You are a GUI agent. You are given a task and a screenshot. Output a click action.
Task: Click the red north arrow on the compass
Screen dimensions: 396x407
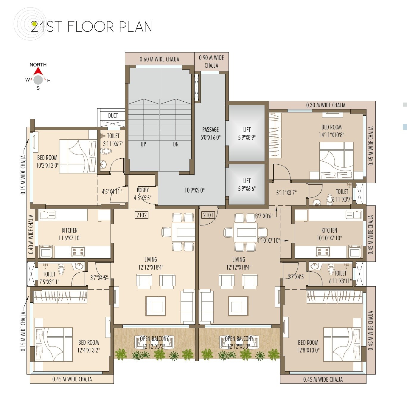click(x=38, y=72)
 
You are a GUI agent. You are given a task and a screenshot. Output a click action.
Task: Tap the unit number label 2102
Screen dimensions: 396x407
click(x=142, y=215)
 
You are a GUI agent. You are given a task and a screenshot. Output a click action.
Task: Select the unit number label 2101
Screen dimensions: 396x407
click(x=208, y=215)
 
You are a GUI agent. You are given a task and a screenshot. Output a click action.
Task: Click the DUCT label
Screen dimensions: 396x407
click(x=113, y=116)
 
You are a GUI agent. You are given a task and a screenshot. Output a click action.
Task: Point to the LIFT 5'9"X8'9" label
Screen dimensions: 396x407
click(x=247, y=133)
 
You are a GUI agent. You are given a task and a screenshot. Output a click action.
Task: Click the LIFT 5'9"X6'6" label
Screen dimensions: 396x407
click(x=247, y=185)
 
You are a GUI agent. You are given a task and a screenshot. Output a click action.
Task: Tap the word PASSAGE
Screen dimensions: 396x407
click(x=210, y=129)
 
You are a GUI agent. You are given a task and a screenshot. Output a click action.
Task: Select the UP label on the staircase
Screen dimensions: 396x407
click(x=143, y=144)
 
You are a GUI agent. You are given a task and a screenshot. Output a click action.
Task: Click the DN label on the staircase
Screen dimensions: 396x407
click(x=176, y=144)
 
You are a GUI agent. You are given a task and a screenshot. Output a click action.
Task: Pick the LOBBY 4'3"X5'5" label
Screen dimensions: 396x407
click(x=143, y=194)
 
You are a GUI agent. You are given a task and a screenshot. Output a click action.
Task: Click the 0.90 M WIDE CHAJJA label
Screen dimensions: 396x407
click(x=211, y=61)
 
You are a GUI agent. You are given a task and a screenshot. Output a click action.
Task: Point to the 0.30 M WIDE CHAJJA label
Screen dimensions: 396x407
click(x=326, y=105)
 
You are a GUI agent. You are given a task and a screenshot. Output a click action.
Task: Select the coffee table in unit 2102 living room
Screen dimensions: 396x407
click(x=156, y=306)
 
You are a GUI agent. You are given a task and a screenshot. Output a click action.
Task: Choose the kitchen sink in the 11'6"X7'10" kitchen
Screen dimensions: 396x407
click(x=47, y=215)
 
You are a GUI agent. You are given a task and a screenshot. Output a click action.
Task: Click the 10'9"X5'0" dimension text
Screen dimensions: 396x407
click(x=195, y=190)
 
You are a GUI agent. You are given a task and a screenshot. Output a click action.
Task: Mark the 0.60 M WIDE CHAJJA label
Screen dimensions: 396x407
click(x=159, y=59)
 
